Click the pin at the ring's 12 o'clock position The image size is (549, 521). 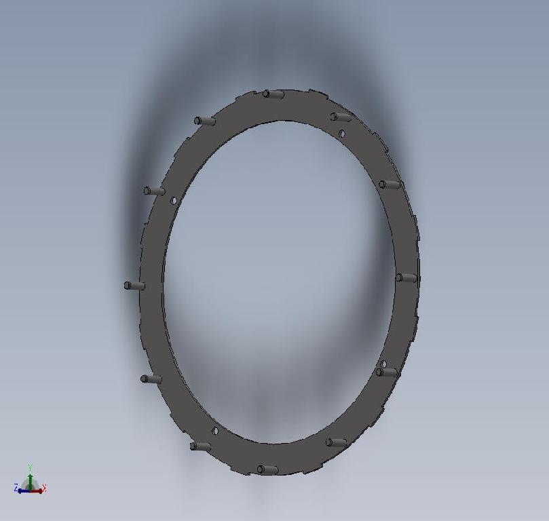[273, 94]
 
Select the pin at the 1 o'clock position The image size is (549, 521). [341, 117]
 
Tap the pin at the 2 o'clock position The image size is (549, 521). [390, 185]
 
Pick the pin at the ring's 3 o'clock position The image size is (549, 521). [406, 277]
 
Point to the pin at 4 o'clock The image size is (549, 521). [387, 372]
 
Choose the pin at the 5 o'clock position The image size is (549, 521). [336, 442]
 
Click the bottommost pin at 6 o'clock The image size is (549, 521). [267, 469]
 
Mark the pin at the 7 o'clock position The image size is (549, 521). [201, 446]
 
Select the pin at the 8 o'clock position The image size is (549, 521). [151, 379]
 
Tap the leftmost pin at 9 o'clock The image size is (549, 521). [134, 286]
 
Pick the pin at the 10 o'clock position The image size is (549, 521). [154, 191]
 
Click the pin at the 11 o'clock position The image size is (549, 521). [204, 121]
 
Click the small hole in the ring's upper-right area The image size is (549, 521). [342, 134]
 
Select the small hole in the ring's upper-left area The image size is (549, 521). [174, 201]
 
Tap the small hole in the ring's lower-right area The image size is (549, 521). [384, 364]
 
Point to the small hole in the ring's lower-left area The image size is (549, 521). [215, 431]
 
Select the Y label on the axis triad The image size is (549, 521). [31, 467]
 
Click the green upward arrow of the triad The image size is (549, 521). [31, 478]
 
